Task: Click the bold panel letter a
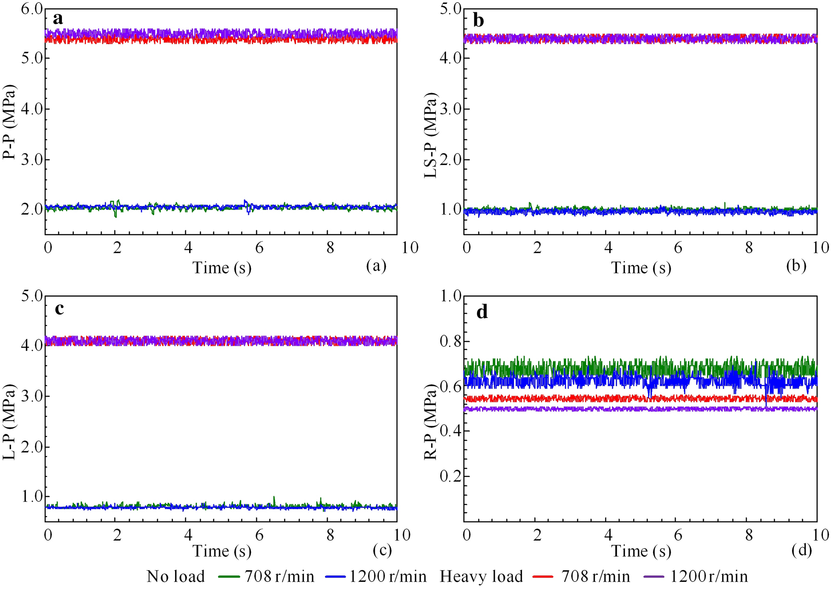[x=58, y=19]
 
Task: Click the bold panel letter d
[x=482, y=312]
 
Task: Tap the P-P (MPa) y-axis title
[x=9, y=122]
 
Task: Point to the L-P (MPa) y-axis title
[x=9, y=422]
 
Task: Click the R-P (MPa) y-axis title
[x=431, y=422]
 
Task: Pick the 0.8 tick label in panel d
[x=451, y=341]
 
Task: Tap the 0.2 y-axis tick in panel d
[x=451, y=476]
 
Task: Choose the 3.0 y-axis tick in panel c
[x=32, y=396]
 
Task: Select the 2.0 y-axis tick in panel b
[x=451, y=159]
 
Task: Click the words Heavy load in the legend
[x=481, y=577]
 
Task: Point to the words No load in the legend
[x=176, y=577]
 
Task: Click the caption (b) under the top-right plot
[x=796, y=266]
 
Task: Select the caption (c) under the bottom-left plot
[x=382, y=550]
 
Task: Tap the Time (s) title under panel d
[x=641, y=551]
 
